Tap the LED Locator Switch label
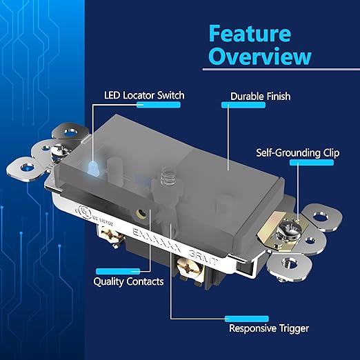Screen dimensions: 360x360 click(145, 94)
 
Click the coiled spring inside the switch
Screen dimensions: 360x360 click(166, 178)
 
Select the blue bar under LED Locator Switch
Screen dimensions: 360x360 click(159, 105)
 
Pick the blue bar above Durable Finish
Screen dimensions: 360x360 click(242, 105)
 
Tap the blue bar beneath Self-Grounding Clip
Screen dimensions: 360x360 click(312, 163)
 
